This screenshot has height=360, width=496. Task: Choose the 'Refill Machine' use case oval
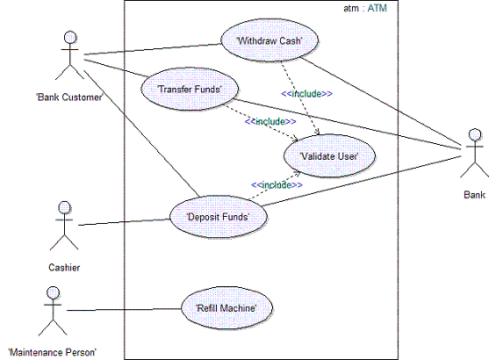[226, 307]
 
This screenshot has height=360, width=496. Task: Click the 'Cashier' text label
[64, 266]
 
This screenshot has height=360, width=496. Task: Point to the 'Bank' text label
[473, 196]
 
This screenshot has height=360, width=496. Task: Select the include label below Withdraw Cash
[306, 93]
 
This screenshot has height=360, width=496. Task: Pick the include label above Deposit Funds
[277, 184]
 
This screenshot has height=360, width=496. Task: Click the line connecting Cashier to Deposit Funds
[123, 221]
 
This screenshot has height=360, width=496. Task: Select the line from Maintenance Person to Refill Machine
[123, 308]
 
